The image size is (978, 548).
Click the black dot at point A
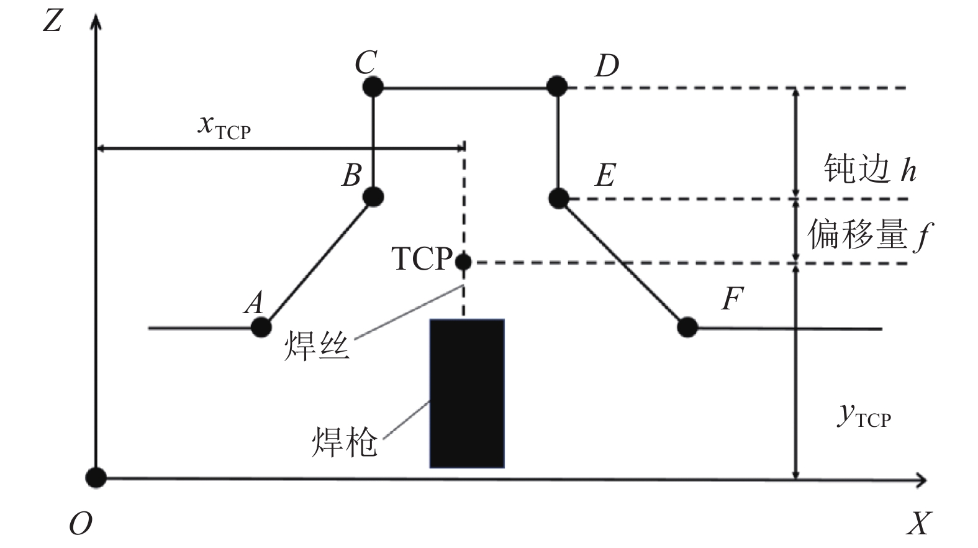(261, 327)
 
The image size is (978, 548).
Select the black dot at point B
(373, 197)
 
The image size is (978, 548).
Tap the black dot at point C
(373, 86)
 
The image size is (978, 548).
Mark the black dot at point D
(557, 86)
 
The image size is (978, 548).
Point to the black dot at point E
(559, 199)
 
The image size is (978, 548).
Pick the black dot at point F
(687, 327)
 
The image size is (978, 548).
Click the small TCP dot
(463, 262)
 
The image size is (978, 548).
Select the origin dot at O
(96, 477)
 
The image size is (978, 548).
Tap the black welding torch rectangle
(467, 394)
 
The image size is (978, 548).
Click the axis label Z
(53, 21)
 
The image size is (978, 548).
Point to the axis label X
(918, 524)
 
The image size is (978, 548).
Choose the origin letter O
(81, 524)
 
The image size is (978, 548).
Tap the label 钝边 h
(870, 168)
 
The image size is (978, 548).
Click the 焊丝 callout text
(317, 345)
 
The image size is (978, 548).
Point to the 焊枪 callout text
(345, 442)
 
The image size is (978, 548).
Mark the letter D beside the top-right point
(607, 66)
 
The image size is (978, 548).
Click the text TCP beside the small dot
(422, 258)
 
